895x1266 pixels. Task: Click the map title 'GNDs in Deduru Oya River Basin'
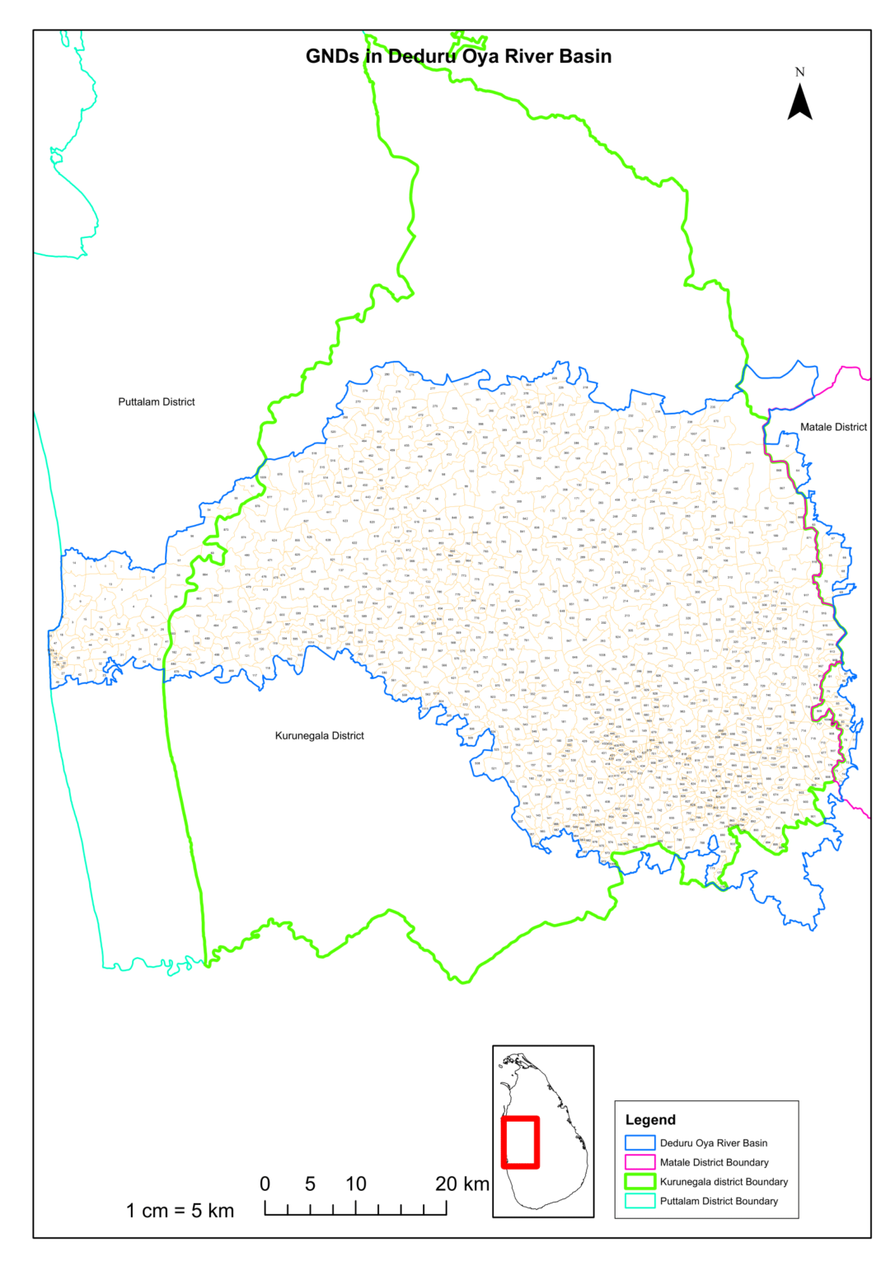[x=458, y=57]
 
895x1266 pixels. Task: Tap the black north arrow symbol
[x=799, y=103]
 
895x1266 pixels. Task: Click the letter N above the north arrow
[x=799, y=72]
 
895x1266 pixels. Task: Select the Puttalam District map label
[x=157, y=402]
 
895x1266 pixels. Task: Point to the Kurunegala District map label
[x=319, y=736]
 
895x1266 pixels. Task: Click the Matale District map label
[x=833, y=427]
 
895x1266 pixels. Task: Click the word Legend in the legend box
[x=650, y=1119]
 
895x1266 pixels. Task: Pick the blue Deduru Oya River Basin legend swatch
[x=640, y=1143]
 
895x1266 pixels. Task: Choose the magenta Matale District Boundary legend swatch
[x=640, y=1162]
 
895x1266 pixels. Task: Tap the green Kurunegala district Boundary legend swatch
[x=640, y=1182]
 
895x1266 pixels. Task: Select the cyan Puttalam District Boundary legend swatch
[x=640, y=1201]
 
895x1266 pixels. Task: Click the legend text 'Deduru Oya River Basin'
[x=714, y=1143]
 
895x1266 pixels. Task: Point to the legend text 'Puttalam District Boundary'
[x=719, y=1201]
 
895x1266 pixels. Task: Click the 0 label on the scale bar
[x=265, y=1184]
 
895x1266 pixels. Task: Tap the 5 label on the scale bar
[x=310, y=1184]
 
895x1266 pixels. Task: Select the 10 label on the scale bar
[x=356, y=1184]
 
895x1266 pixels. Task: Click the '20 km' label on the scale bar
[x=462, y=1184]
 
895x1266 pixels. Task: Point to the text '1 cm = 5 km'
[x=180, y=1211]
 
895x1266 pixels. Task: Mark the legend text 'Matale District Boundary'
[x=714, y=1162]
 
